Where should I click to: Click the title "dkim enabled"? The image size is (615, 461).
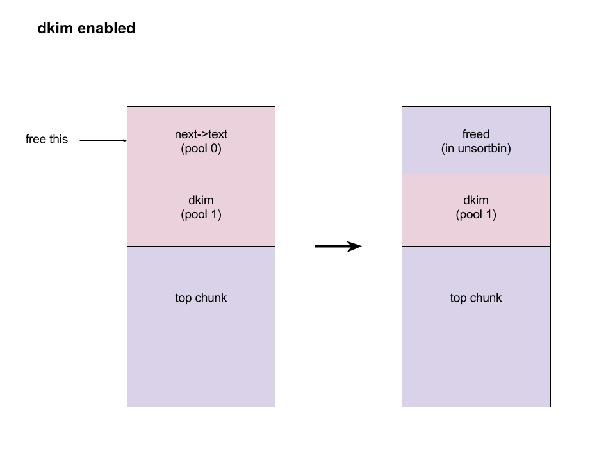click(86, 28)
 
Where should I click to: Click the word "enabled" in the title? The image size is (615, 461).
click(106, 28)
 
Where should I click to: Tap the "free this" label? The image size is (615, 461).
click(47, 139)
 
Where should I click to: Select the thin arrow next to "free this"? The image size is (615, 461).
click(103, 140)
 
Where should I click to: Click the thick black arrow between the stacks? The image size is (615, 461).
click(338, 246)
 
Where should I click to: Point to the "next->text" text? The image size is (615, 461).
click(201, 134)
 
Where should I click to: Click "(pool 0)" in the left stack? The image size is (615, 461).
click(201, 149)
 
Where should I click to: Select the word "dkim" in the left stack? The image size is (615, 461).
click(201, 200)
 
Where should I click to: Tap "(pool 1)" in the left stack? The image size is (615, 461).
click(201, 214)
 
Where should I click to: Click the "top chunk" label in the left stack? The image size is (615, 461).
click(201, 298)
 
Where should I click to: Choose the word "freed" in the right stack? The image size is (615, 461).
click(476, 134)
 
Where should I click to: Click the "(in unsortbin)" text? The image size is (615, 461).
click(476, 149)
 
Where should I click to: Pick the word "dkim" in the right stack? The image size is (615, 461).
click(476, 200)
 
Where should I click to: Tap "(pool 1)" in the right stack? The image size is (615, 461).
click(476, 214)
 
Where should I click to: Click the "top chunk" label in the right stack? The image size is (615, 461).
click(476, 298)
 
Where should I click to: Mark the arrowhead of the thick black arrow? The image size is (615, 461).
click(354, 246)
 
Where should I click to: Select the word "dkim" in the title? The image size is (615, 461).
click(55, 28)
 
